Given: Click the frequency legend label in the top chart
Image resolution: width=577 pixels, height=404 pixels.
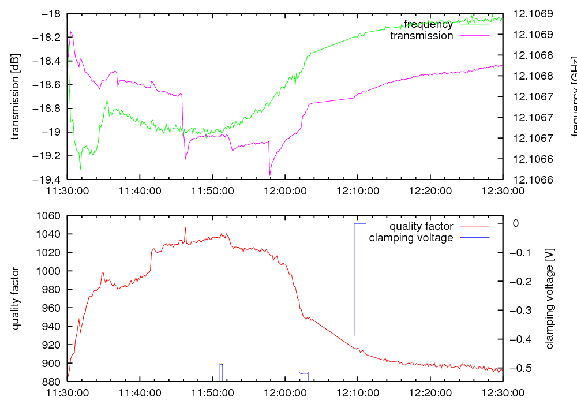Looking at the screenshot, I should click(428, 24).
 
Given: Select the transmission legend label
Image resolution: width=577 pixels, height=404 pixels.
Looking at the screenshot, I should click(422, 36).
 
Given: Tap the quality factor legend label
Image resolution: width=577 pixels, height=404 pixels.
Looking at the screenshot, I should click(421, 226).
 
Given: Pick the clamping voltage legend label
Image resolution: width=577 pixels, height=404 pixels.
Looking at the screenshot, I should click(411, 238).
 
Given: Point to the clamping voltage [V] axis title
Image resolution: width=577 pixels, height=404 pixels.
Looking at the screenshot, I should click(549, 298).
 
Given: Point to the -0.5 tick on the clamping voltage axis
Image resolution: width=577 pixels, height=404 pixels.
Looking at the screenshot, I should click(522, 368).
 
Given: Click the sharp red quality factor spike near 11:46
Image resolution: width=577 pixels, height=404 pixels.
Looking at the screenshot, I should click(185, 228).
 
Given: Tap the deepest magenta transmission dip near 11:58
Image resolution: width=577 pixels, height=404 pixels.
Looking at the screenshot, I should click(270, 174).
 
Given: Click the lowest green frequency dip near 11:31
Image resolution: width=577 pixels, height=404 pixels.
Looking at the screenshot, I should click(80, 169).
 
